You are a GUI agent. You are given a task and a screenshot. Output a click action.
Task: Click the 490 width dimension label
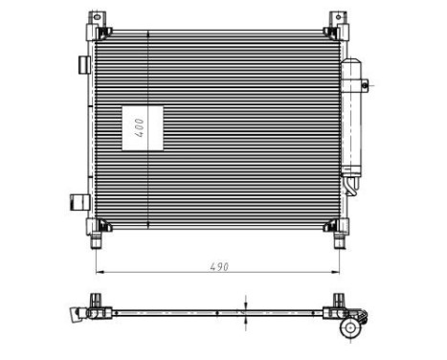point(220,266)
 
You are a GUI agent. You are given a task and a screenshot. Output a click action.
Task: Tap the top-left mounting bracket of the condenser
point(96,21)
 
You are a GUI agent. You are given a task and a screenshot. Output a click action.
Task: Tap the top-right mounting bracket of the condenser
point(337,21)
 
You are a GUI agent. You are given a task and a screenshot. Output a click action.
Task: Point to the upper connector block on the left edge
point(81,64)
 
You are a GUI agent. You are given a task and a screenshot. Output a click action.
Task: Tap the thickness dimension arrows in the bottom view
point(247,311)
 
